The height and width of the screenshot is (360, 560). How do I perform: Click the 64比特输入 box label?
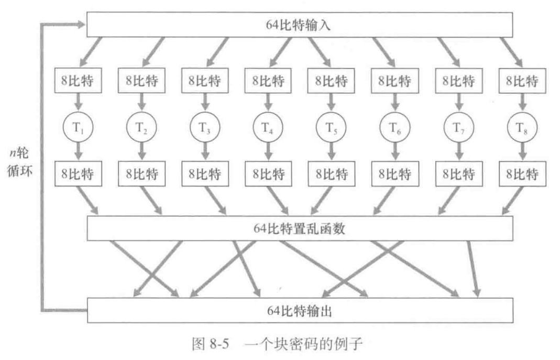click(x=299, y=25)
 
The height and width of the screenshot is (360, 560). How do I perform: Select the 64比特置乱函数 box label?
click(x=299, y=228)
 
